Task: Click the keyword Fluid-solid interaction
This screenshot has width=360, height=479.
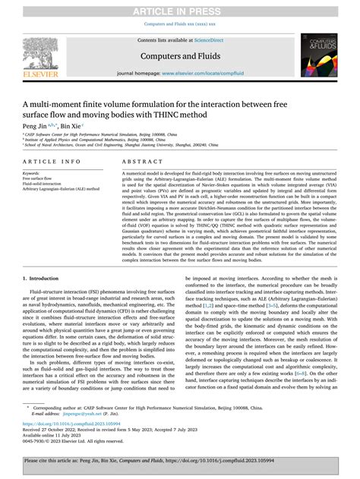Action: click(x=43, y=184)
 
